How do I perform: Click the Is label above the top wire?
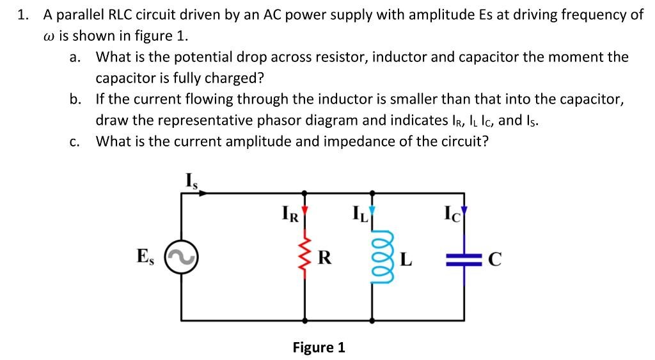191,180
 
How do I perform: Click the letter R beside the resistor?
324,258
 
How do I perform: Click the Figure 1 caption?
319,347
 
